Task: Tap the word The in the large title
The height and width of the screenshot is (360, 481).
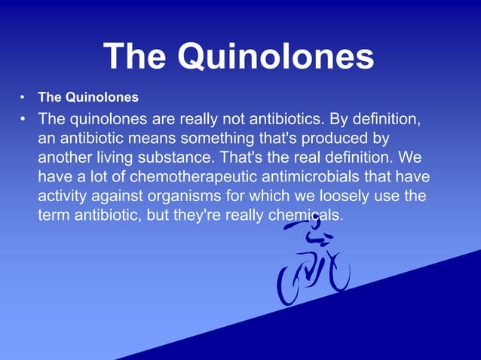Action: [136, 56]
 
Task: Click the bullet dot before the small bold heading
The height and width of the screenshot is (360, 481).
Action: [23, 98]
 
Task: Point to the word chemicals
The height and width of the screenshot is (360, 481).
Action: [303, 215]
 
